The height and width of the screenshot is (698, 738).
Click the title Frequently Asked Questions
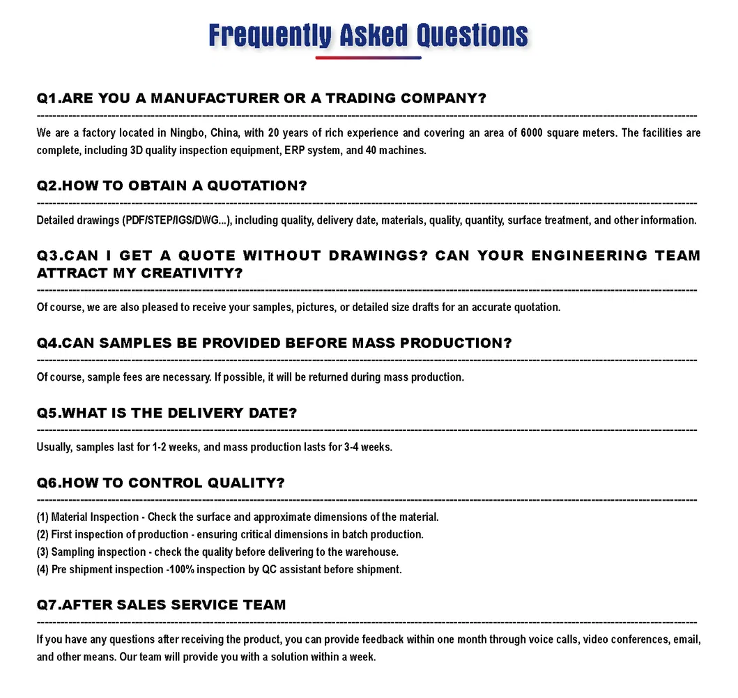click(x=369, y=35)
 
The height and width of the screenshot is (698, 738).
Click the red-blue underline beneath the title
click(x=369, y=58)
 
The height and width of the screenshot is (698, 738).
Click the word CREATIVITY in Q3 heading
click(x=192, y=273)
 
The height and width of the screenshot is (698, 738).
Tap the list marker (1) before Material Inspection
click(x=43, y=517)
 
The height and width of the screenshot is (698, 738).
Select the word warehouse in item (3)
click(x=371, y=552)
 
